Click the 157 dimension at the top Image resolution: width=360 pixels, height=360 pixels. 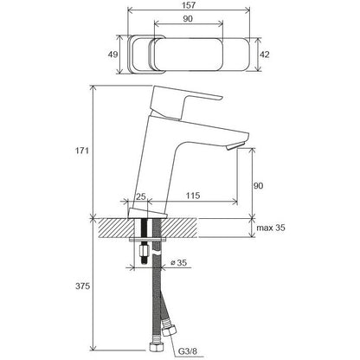coord(188,5)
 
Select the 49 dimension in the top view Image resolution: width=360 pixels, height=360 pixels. coord(112,55)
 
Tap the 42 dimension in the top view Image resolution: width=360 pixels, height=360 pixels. coord(265,55)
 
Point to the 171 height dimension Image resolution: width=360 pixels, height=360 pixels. coord(82,151)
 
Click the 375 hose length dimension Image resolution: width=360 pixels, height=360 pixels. coord(82,286)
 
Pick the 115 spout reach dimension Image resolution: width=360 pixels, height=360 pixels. coord(193,196)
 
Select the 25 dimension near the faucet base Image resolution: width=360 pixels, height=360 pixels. coord(141,196)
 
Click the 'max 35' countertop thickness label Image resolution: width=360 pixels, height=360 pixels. coord(271,228)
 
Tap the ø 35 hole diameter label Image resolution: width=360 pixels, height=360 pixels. coord(179,262)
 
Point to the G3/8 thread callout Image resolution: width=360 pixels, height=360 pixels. coord(188,351)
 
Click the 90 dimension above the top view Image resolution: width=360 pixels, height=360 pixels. coord(188,19)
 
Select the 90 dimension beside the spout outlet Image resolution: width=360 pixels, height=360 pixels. coord(258,185)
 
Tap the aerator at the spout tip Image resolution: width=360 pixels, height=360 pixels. coord(235,146)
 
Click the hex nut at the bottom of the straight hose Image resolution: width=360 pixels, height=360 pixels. coord(156,346)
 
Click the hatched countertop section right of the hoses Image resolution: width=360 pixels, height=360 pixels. coord(179,228)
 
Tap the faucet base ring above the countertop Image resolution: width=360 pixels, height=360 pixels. coord(147,214)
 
